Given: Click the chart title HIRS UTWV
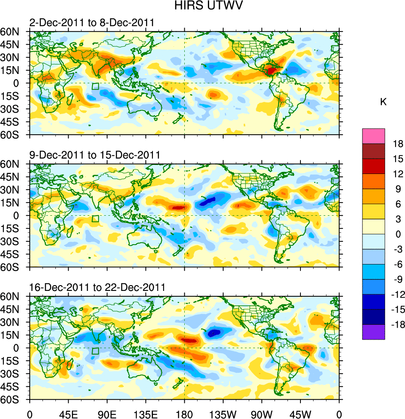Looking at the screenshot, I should pyautogui.click(x=202, y=6).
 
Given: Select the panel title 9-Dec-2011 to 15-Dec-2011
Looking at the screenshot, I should pyautogui.click(x=95, y=155).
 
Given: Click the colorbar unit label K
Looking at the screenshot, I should pyautogui.click(x=383, y=102).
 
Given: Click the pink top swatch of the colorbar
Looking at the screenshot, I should pyautogui.click(x=373, y=136).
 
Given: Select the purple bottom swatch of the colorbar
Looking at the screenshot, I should pyautogui.click(x=373, y=332).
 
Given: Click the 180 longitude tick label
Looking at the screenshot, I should pyautogui.click(x=184, y=413).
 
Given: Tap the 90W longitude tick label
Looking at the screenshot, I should pyautogui.click(x=262, y=413).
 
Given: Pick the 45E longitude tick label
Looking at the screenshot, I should pyautogui.click(x=68, y=413).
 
